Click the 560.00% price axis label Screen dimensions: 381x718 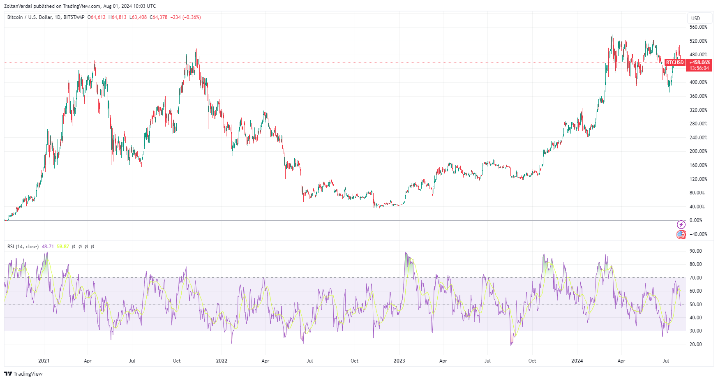click(698, 27)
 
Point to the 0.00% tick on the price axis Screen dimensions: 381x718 click(696, 220)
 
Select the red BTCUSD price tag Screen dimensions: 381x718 click(675, 62)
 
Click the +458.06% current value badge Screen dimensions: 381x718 click(700, 62)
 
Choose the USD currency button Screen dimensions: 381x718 click(696, 18)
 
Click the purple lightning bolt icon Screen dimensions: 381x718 click(681, 224)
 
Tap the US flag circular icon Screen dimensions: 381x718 click(681, 235)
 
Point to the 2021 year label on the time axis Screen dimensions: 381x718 click(44, 361)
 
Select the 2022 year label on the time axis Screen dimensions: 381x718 click(222, 361)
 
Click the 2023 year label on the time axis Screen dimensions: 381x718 click(399, 361)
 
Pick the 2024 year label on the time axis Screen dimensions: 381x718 click(577, 361)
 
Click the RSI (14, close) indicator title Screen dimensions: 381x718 click(23, 247)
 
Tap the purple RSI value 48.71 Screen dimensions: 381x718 click(48, 247)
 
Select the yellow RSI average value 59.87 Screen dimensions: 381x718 click(63, 247)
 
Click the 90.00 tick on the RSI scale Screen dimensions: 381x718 click(695, 251)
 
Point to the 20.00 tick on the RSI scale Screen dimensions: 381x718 click(695, 344)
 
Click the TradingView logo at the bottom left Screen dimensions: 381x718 click(23, 374)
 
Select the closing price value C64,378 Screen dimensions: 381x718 click(159, 17)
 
